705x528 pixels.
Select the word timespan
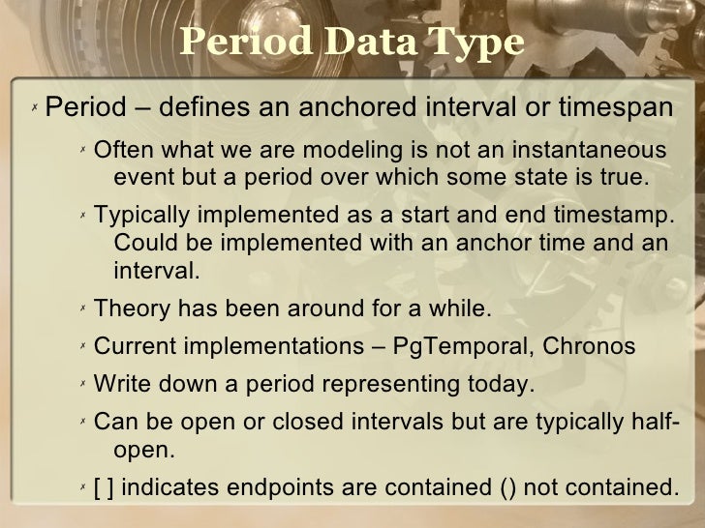[614, 105]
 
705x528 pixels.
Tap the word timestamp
[616, 216]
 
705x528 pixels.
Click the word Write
[123, 385]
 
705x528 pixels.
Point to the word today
[495, 385]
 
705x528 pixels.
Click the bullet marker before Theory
[82, 309]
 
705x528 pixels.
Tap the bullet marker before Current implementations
[82, 346]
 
